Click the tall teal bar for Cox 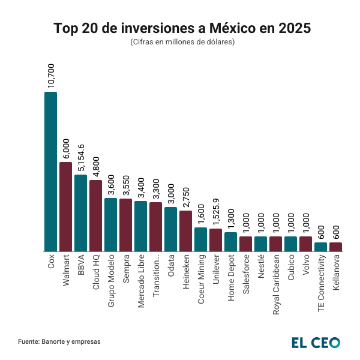(50, 171)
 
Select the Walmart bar (65, 206)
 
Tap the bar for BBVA (80, 213)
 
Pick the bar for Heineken (185, 231)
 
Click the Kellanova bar (335, 247)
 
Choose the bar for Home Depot (230, 242)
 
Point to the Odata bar (170, 229)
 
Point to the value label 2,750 (186, 195)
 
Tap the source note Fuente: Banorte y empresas (59, 341)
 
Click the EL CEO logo (316, 342)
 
